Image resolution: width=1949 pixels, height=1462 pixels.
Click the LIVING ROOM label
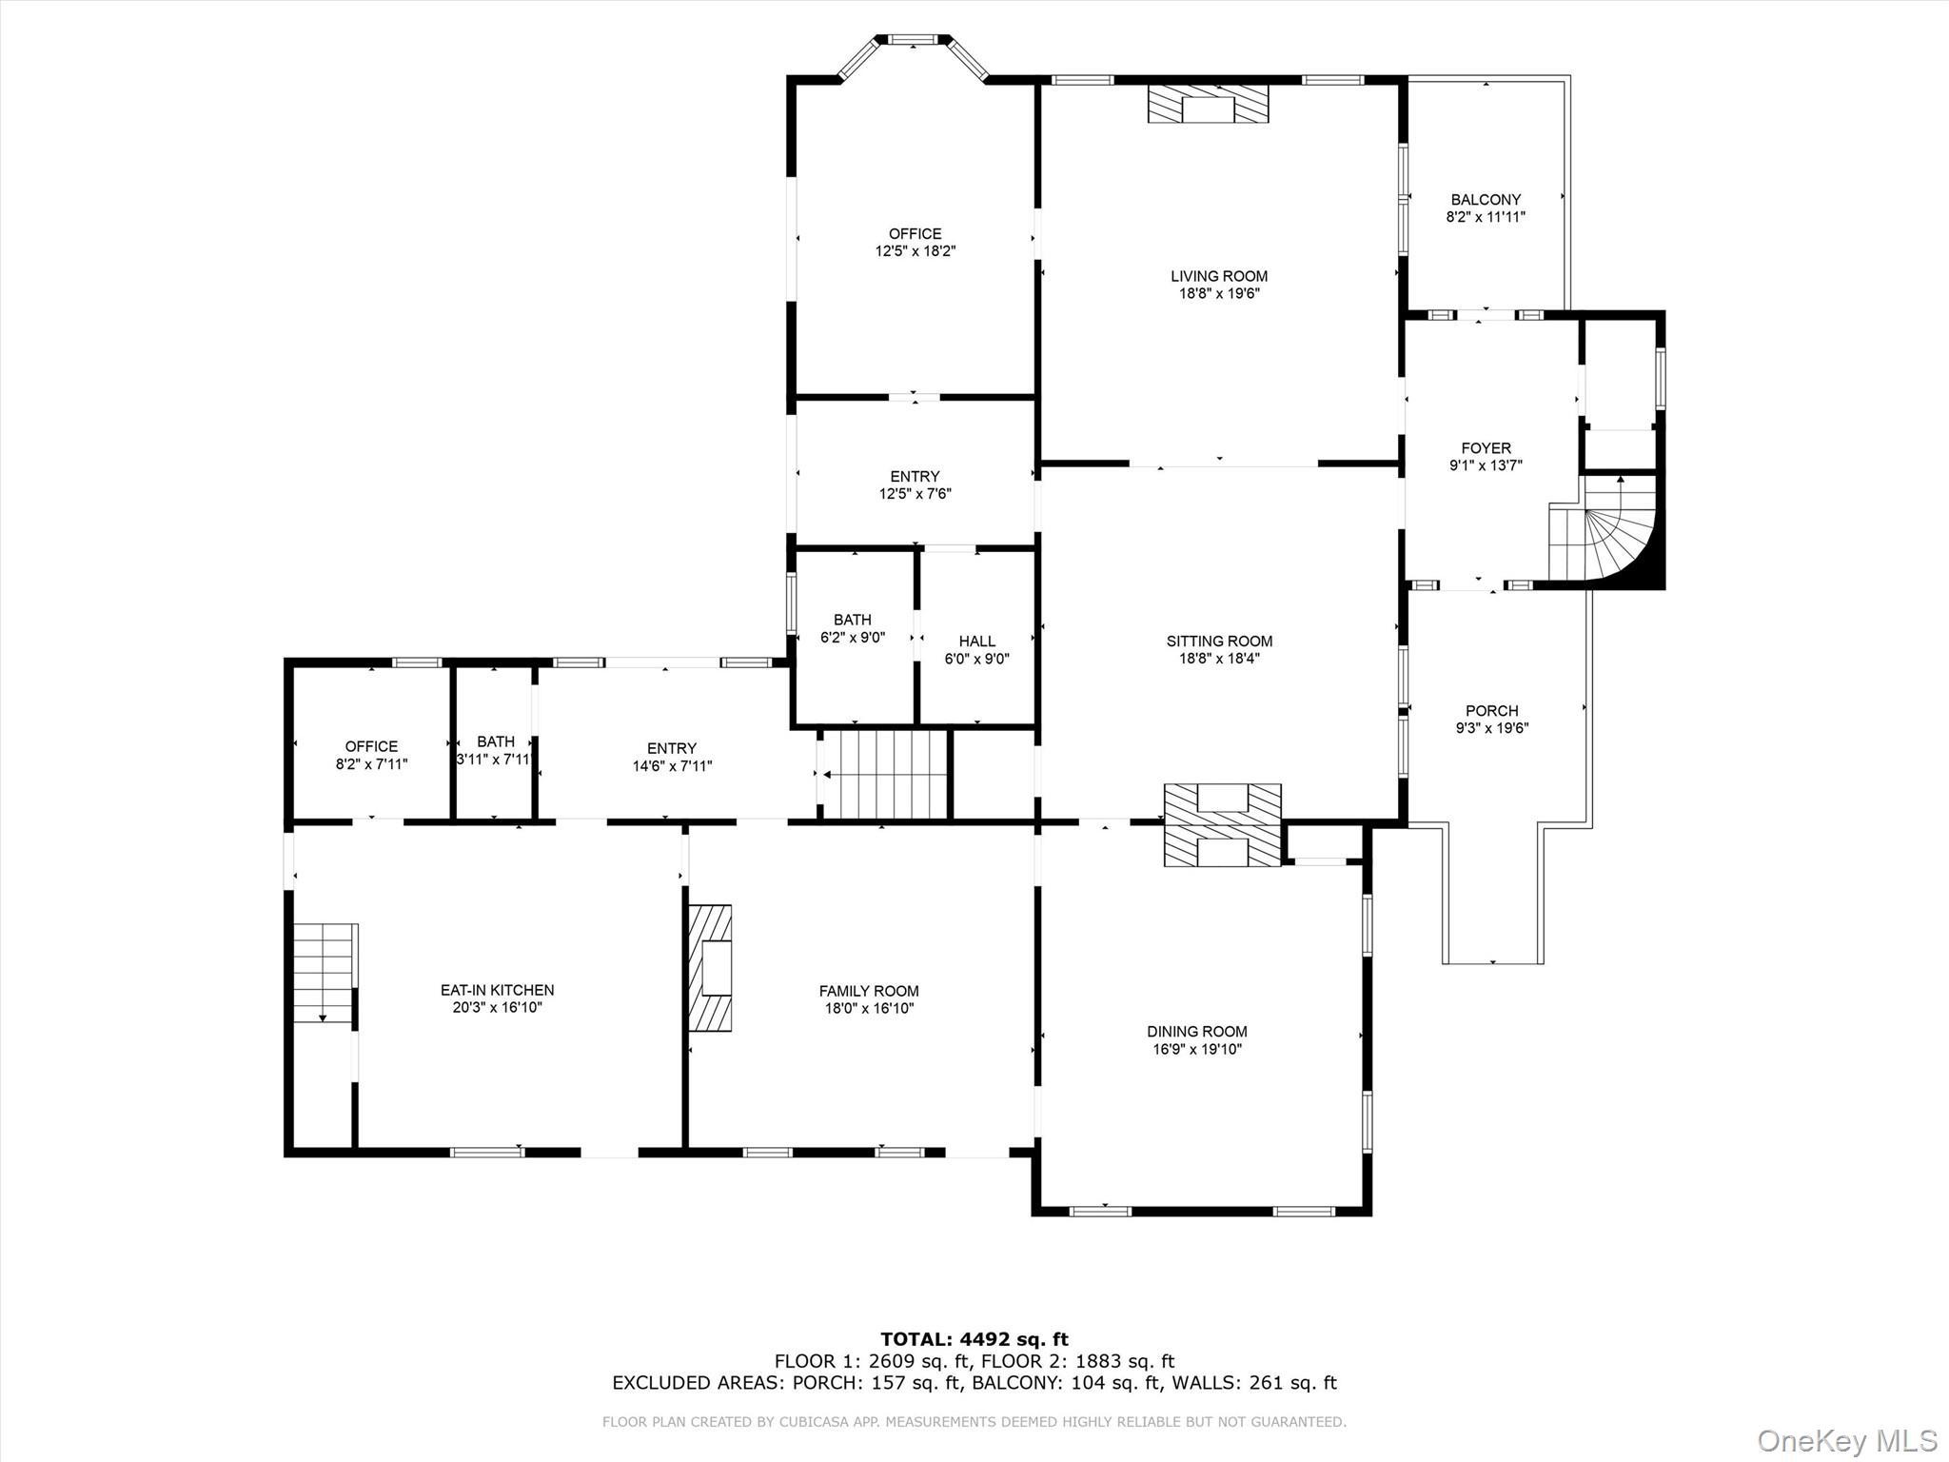click(1219, 276)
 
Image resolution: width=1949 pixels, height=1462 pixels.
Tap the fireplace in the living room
click(1208, 105)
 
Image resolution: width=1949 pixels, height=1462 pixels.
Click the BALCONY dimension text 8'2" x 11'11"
click(1486, 217)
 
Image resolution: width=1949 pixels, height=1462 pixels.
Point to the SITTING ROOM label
click(1219, 641)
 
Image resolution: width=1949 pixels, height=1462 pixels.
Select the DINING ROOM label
click(1196, 1031)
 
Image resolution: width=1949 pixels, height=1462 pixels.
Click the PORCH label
click(1491, 710)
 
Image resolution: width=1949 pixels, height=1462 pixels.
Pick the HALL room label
click(976, 641)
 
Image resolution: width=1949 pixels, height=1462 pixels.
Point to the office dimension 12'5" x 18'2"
click(915, 251)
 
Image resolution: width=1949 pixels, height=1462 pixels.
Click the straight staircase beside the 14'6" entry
click(885, 774)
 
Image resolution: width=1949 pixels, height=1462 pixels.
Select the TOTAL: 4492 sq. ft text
click(974, 1339)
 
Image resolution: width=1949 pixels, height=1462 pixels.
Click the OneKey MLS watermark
click(1846, 1439)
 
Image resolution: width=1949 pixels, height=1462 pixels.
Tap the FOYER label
click(1486, 447)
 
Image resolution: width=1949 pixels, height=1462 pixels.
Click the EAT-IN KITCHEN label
click(497, 990)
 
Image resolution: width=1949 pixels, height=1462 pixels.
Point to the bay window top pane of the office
click(913, 40)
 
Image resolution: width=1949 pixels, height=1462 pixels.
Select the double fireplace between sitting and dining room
click(1222, 824)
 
